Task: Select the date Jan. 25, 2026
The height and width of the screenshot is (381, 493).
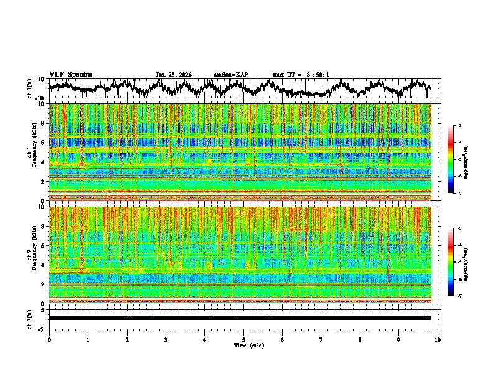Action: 174,75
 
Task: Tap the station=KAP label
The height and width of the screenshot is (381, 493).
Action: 230,75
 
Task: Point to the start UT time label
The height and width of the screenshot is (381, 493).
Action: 301,75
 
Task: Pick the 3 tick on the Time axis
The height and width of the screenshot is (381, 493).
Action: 166,340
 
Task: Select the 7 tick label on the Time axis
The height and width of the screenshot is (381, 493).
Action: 321,340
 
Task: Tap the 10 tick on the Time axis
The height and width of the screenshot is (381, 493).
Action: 438,340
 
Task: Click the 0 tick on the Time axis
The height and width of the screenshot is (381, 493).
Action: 49,340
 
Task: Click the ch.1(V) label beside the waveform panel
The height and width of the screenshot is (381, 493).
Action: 30,88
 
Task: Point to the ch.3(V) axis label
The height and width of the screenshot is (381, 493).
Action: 30,317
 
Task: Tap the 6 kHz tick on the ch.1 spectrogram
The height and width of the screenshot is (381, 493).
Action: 44,143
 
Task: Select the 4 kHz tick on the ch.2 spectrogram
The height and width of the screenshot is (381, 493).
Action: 44,265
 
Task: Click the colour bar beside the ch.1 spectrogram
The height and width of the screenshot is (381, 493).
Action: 451,160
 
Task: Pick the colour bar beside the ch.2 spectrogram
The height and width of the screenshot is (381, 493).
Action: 451,262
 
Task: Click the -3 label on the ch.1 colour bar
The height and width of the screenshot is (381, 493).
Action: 459,126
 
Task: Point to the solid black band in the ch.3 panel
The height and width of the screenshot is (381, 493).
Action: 240,318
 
